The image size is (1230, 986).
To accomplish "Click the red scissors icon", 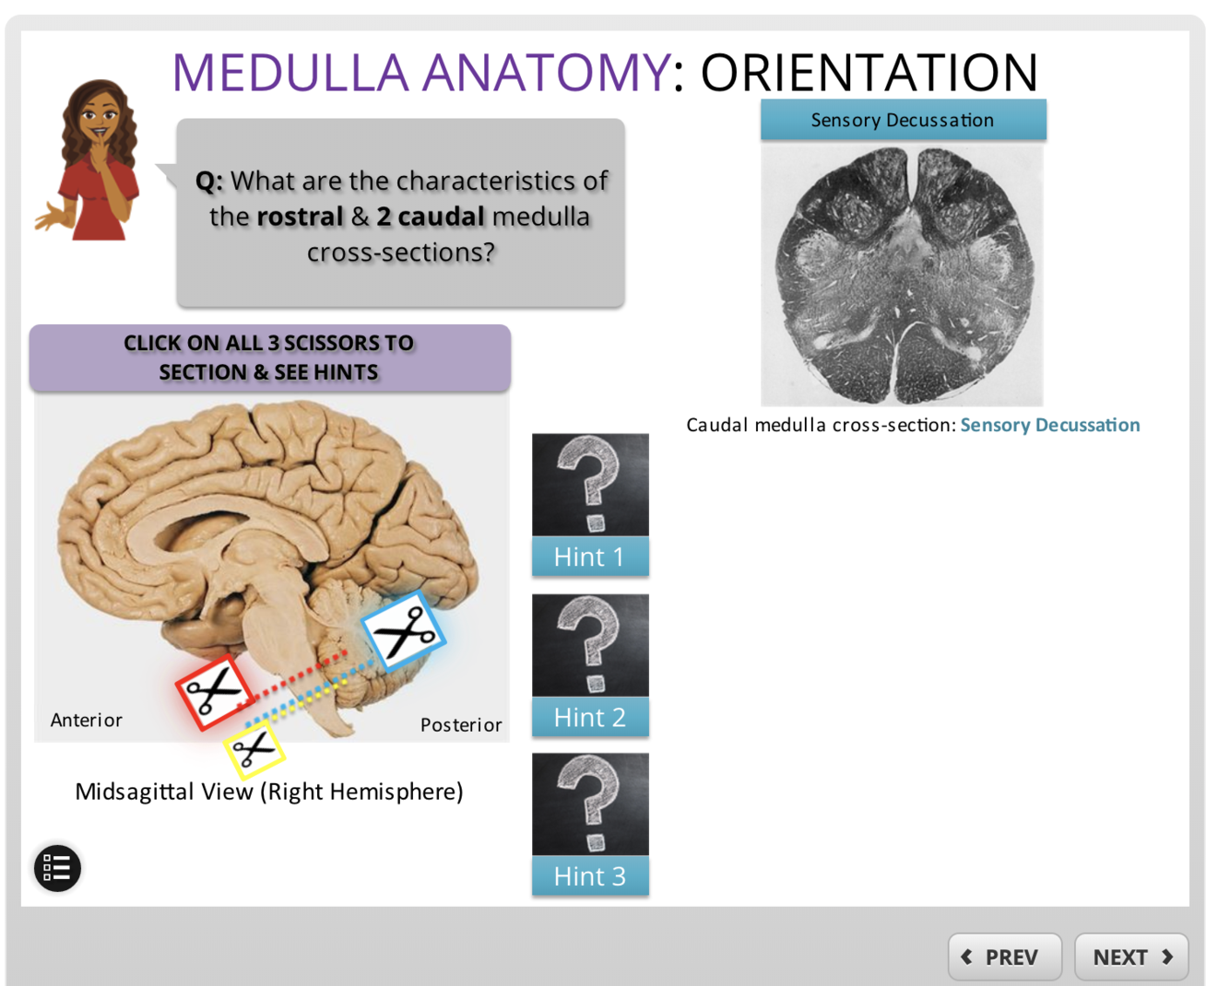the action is tap(214, 692).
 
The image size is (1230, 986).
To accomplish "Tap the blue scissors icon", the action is tap(404, 632).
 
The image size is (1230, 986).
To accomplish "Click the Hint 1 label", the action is tap(590, 557).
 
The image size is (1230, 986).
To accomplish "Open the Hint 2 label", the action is tap(590, 717).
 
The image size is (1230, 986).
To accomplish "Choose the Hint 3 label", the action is tap(590, 876).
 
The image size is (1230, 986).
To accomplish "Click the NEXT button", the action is tap(1131, 957).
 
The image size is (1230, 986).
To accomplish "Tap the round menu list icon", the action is tap(57, 868).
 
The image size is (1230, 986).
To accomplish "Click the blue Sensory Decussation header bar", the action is tap(903, 120).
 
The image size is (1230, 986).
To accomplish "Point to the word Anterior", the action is tap(86, 721).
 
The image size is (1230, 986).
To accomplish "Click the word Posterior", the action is tap(461, 725).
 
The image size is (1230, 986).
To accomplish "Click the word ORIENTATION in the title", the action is tap(869, 73).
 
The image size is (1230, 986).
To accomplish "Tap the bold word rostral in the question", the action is tap(300, 217).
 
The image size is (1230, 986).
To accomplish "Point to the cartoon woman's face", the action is tap(99, 118).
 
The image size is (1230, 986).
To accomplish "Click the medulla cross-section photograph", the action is tap(902, 275).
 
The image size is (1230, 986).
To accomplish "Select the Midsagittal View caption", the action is tap(268, 792).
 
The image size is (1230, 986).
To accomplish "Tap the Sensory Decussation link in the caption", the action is tap(1050, 425).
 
